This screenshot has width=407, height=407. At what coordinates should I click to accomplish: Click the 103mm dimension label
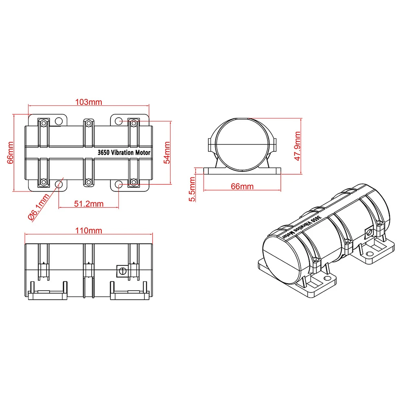coord(88,102)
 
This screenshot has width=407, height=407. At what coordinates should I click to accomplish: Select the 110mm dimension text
coord(88,230)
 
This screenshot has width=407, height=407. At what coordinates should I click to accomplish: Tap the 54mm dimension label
coord(167,153)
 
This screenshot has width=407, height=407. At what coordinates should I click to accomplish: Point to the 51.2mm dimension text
coord(89,204)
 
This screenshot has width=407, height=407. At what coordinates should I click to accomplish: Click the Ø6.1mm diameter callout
coord(39,207)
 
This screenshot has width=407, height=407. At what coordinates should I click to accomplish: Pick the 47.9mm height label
coord(298,146)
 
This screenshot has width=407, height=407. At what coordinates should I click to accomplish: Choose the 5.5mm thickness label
coord(192,189)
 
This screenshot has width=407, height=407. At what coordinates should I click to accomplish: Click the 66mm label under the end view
coord(242,186)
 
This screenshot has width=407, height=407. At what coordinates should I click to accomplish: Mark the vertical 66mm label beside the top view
coord(10,153)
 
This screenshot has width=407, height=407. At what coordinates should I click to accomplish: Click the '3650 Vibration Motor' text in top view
coord(124,152)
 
